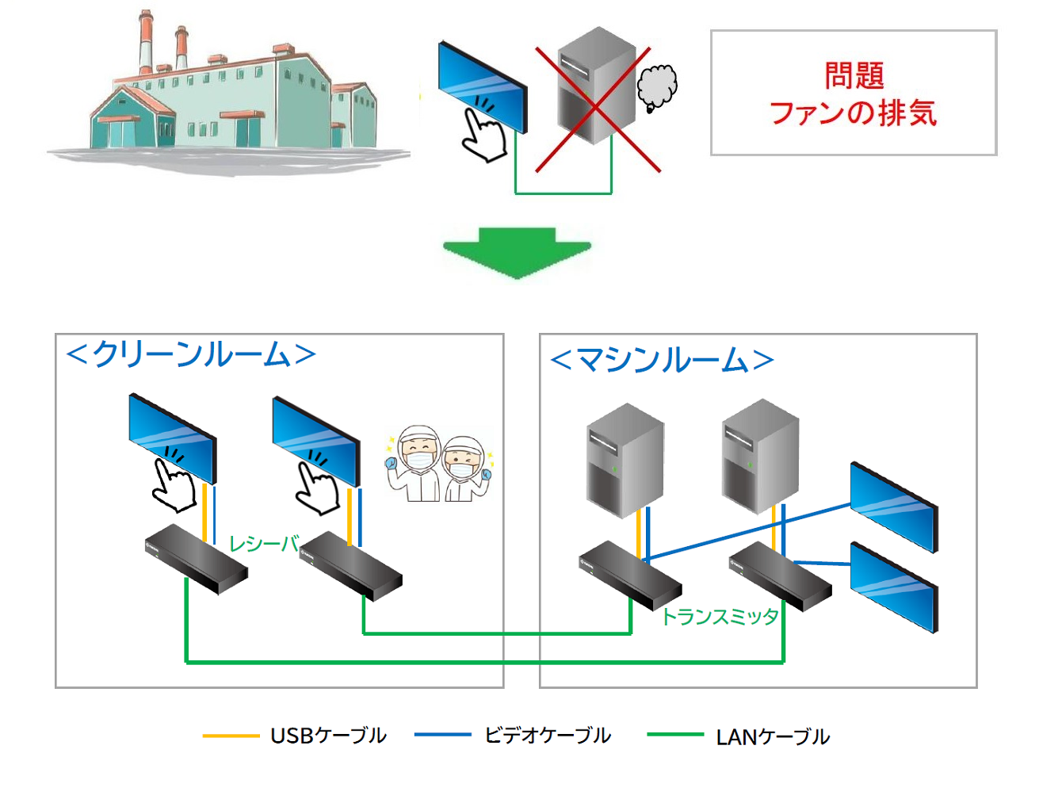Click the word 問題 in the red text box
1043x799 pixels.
click(854, 76)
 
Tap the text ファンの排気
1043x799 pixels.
click(853, 113)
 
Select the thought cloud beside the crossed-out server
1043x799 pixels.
click(657, 86)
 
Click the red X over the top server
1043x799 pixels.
click(597, 110)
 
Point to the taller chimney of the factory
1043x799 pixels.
click(145, 44)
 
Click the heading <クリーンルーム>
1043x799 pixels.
click(191, 354)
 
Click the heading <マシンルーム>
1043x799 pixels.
click(661, 360)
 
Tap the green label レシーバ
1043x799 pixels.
click(263, 544)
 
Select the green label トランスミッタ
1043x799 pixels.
click(720, 617)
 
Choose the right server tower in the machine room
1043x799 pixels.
click(760, 457)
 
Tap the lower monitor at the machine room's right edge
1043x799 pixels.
click(894, 587)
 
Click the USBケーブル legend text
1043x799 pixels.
click(328, 736)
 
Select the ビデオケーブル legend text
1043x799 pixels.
click(548, 736)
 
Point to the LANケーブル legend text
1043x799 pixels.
click(773, 737)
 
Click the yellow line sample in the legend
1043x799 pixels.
click(231, 736)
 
